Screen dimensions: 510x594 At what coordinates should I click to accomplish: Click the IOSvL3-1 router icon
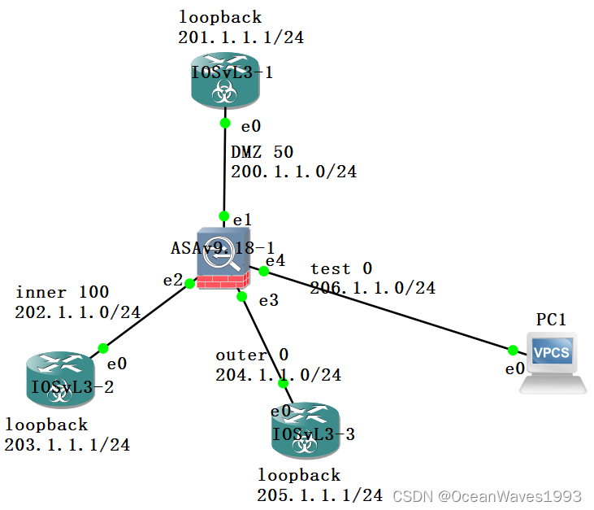coord(225,79)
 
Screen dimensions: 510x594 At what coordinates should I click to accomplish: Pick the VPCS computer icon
coord(553,360)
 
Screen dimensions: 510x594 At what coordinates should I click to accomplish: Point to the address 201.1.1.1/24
coord(241,37)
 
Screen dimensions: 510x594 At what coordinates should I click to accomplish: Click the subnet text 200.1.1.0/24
coord(293,172)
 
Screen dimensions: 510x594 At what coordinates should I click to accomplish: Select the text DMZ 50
coord(262,152)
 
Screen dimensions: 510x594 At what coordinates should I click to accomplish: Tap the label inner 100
coord(62,292)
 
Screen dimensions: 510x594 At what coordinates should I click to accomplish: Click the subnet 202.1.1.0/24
coord(78,312)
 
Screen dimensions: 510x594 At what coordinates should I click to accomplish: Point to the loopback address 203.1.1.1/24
coord(67,445)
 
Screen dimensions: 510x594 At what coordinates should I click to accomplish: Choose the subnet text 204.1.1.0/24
coord(278,375)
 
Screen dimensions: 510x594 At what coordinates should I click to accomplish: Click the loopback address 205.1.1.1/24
coord(320,495)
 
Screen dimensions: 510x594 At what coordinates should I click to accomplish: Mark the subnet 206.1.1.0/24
coord(372,287)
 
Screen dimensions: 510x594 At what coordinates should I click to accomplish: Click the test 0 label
coord(341,268)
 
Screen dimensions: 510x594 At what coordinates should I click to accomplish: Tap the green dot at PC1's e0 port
coord(513,351)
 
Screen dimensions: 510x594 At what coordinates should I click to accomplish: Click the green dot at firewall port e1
coord(223,216)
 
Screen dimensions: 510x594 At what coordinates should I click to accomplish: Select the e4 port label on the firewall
coord(275,260)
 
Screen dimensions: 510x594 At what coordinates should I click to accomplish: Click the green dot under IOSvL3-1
coord(225,123)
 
